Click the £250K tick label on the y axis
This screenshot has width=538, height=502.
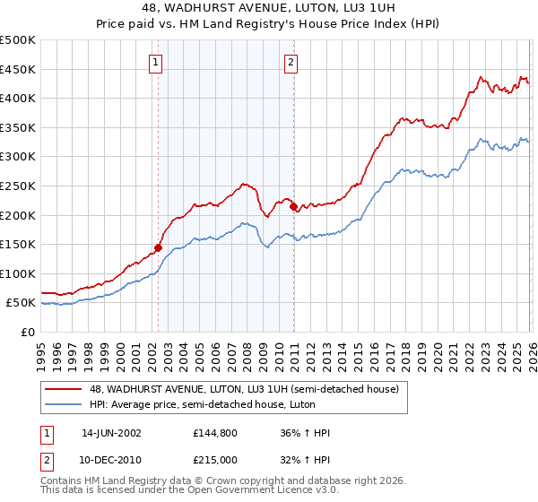18,186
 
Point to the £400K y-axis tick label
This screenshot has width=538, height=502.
18,99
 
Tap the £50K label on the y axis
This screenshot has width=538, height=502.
21,303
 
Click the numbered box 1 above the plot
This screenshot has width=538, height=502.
156,63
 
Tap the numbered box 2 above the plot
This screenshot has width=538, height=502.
292,63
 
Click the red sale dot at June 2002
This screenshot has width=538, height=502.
159,247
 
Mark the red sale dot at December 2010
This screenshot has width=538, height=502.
293,206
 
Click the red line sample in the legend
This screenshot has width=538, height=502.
63,388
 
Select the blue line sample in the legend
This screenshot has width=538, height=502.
63,404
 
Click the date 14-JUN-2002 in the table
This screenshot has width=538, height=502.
111,433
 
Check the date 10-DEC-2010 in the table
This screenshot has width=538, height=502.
111,461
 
